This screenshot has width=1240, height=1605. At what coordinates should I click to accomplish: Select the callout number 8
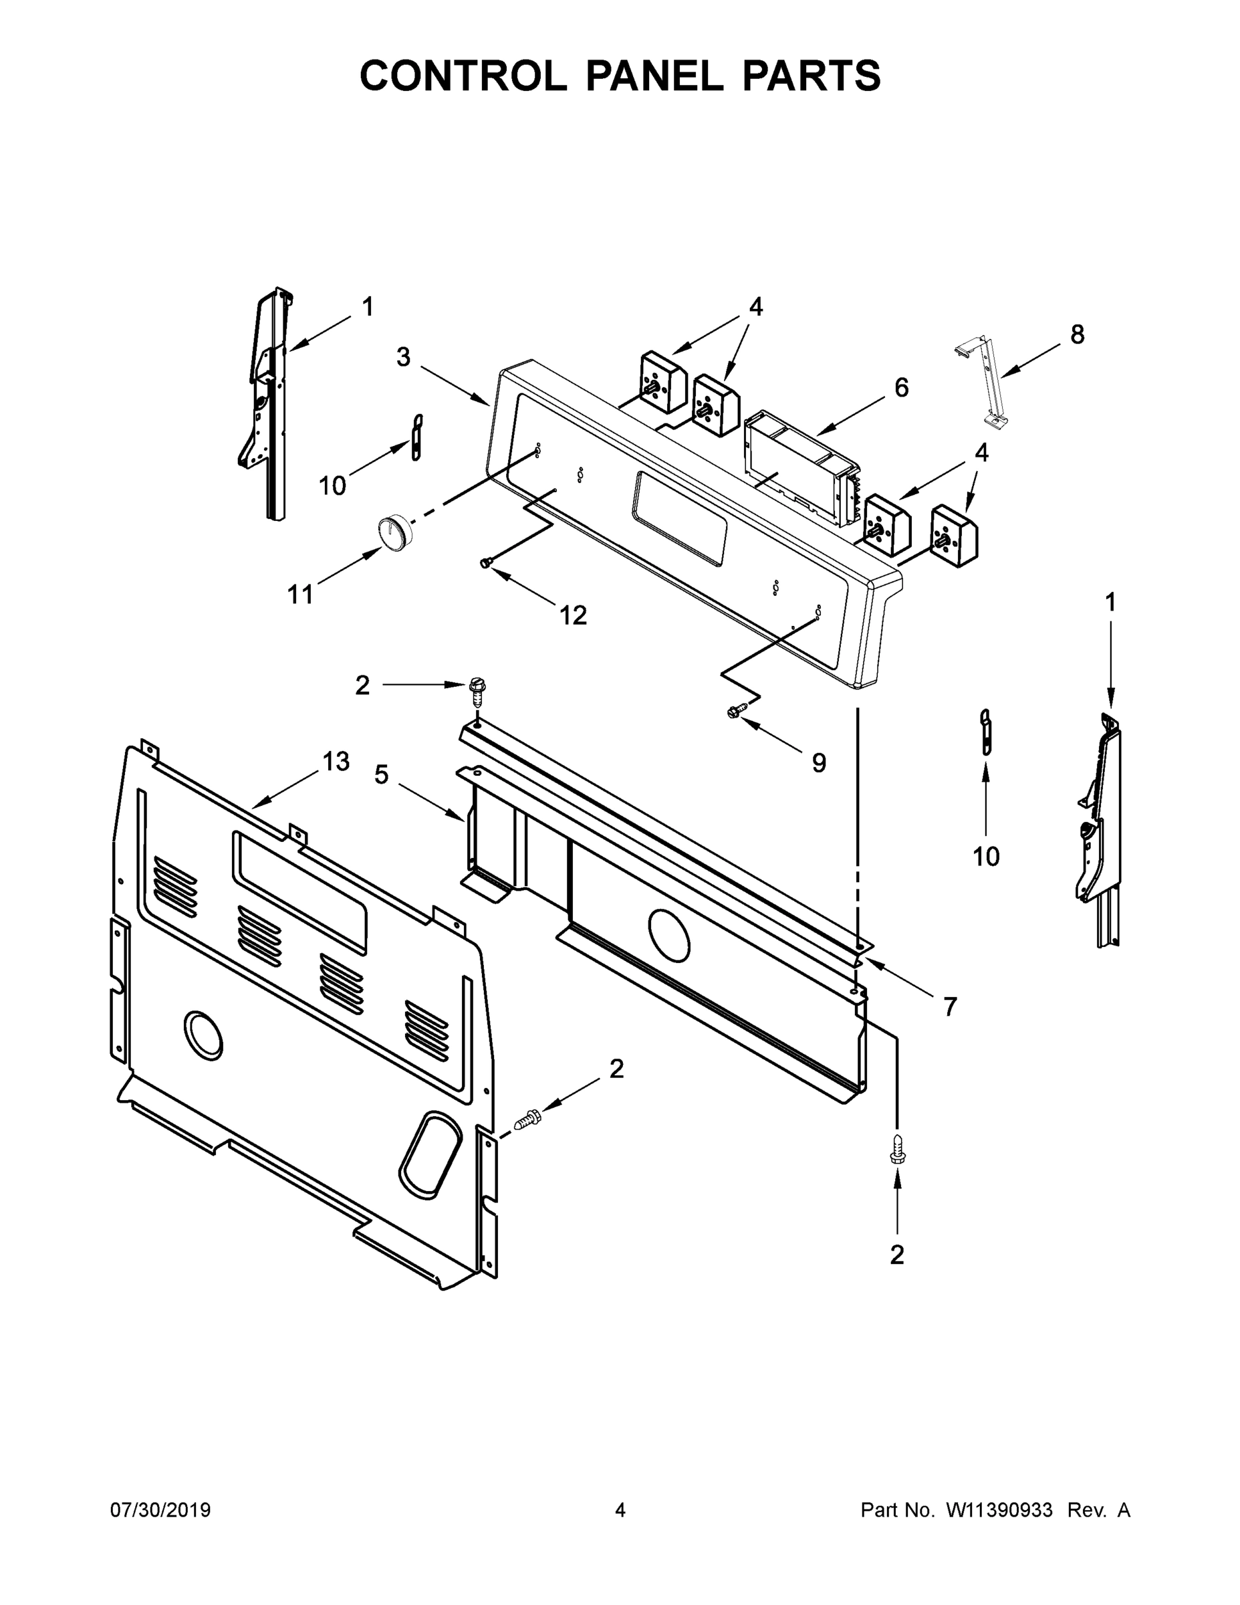coord(1076,334)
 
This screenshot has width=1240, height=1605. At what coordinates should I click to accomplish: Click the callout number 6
coord(901,387)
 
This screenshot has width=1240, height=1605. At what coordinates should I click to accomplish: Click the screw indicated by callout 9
coord(734,712)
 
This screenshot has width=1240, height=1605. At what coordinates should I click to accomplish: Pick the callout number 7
coord(950,1006)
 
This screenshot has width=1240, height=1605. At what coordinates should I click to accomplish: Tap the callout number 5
coord(381,774)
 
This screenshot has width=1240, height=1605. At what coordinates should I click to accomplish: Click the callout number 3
coord(403,357)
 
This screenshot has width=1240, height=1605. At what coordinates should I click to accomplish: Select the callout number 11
coord(299,594)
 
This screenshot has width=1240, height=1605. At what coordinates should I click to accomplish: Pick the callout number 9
coord(818,763)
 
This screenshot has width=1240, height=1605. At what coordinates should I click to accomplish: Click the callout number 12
coord(574,615)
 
